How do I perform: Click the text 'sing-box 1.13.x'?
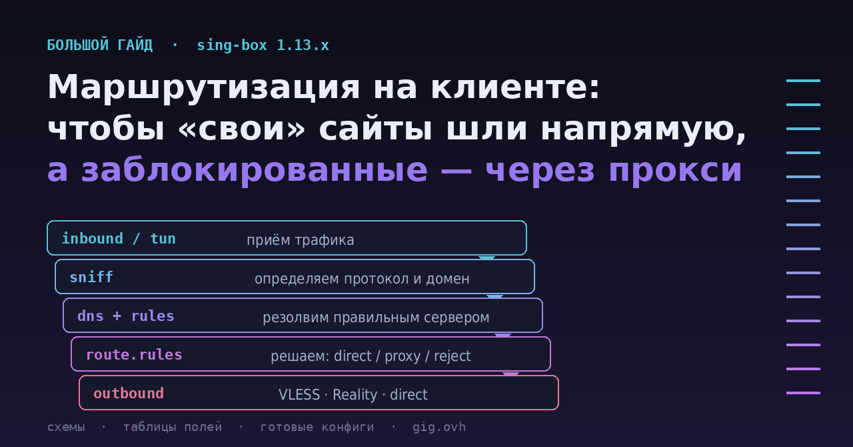click(263, 45)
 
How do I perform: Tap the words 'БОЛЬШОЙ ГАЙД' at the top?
click(100, 45)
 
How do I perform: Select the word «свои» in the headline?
click(241, 129)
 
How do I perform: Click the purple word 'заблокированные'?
click(255, 169)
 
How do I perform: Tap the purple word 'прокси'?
click(675, 171)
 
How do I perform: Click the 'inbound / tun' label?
click(119, 239)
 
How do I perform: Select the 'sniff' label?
click(91, 278)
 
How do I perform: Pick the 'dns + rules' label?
click(126, 316)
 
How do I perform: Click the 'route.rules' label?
click(134, 355)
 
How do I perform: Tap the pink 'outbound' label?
click(129, 394)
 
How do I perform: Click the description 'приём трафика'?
click(301, 240)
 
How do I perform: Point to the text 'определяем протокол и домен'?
click(362, 279)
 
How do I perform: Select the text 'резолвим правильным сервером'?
click(376, 318)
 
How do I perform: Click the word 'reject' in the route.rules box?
click(452, 356)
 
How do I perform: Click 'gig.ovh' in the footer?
click(439, 427)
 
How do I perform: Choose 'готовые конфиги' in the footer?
click(317, 427)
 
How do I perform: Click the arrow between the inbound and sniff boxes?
click(486, 258)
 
